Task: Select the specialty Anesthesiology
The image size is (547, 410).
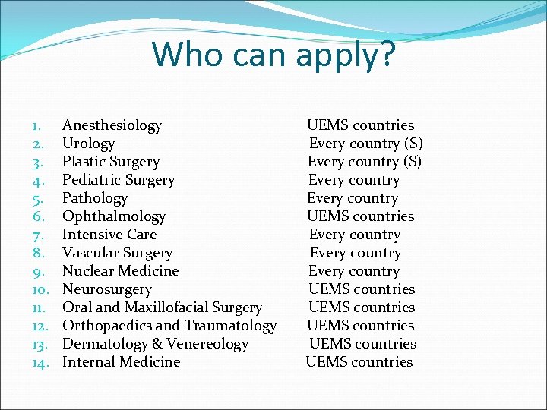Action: [x=112, y=125]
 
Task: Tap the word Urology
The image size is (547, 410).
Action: [x=88, y=143]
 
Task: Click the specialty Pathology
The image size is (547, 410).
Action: [x=95, y=198]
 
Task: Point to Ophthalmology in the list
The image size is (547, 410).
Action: [x=113, y=216]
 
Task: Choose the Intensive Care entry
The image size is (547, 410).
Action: [x=109, y=235]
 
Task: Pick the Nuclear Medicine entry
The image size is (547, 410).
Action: [x=120, y=271]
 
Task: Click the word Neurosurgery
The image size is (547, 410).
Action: [x=106, y=289]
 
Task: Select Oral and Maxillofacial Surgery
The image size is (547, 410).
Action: [x=162, y=307]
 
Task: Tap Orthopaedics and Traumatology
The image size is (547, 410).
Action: [x=169, y=326]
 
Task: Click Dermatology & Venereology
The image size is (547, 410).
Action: [x=155, y=344]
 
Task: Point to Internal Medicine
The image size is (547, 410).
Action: [x=121, y=362]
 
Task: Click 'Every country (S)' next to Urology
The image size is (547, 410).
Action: [x=366, y=143]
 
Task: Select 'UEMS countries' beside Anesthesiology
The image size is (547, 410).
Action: [x=360, y=125]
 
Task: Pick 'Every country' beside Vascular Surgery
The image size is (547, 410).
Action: [x=355, y=253]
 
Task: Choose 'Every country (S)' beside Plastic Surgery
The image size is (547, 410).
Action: [x=365, y=162]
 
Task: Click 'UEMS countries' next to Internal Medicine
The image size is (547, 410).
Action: [x=359, y=362]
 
